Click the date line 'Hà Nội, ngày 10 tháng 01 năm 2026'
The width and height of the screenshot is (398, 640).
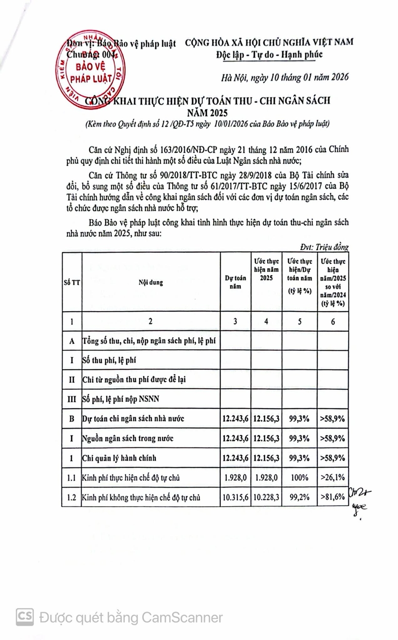click(284, 77)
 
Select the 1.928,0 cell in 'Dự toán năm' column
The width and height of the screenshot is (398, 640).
click(235, 478)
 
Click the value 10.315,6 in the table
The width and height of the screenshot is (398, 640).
click(235, 497)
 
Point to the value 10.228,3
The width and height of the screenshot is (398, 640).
click(266, 497)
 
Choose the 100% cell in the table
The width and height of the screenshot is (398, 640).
click(299, 478)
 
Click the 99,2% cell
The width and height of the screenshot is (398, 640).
click(299, 497)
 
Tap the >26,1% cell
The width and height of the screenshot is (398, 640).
click(332, 478)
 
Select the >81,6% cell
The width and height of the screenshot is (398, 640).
click(332, 497)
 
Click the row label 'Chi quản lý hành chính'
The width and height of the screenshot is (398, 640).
click(119, 458)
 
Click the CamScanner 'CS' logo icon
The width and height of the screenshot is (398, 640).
click(25, 617)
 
